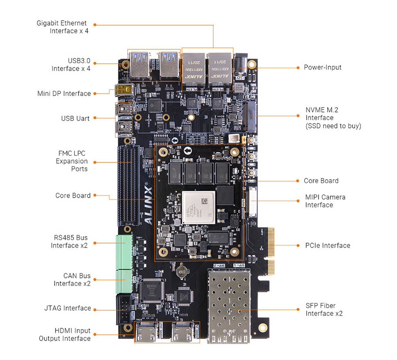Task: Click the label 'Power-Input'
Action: click(322, 67)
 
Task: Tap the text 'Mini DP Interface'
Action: click(64, 94)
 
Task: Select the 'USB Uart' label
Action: click(75, 118)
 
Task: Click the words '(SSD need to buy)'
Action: click(333, 126)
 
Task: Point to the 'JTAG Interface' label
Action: click(67, 308)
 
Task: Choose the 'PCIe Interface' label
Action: click(327, 245)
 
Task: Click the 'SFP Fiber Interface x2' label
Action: click(324, 309)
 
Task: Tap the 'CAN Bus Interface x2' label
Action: click(72, 279)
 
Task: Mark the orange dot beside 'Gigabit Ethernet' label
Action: click(94, 25)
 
